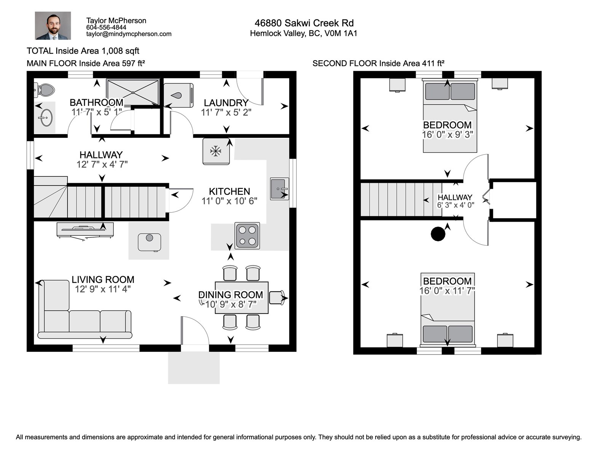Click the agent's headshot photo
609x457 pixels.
[x=53, y=26]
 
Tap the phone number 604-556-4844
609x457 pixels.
[x=106, y=27]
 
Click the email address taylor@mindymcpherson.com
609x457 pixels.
[x=129, y=34]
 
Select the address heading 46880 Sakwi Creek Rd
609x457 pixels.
[x=304, y=23]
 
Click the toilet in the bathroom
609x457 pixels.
[x=46, y=90]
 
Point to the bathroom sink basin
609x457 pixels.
[x=46, y=118]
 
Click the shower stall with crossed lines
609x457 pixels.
[x=132, y=92]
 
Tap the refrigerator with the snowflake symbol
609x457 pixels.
[x=216, y=151]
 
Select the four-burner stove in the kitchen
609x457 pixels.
[x=247, y=236]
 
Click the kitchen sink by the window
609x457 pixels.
[x=279, y=189]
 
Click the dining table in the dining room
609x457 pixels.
[x=242, y=297]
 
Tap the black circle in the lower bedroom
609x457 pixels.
[x=438, y=234]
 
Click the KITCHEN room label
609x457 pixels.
[x=229, y=192]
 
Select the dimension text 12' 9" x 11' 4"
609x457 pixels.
[x=103, y=289]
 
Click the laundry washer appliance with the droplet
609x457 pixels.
[x=178, y=95]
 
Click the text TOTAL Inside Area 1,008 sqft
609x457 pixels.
[x=83, y=51]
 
